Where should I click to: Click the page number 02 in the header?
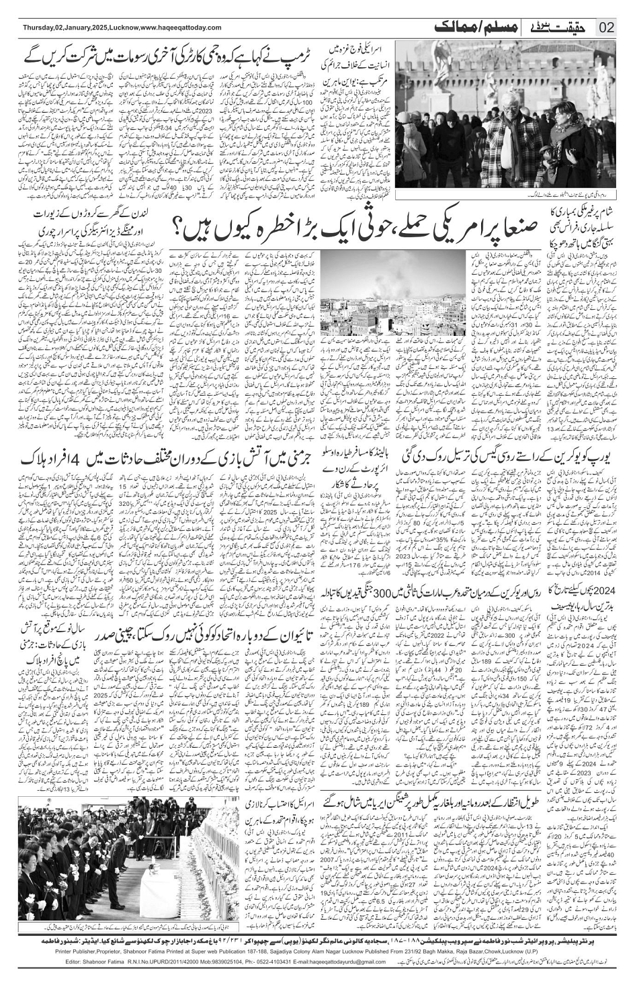pos(606,27)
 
